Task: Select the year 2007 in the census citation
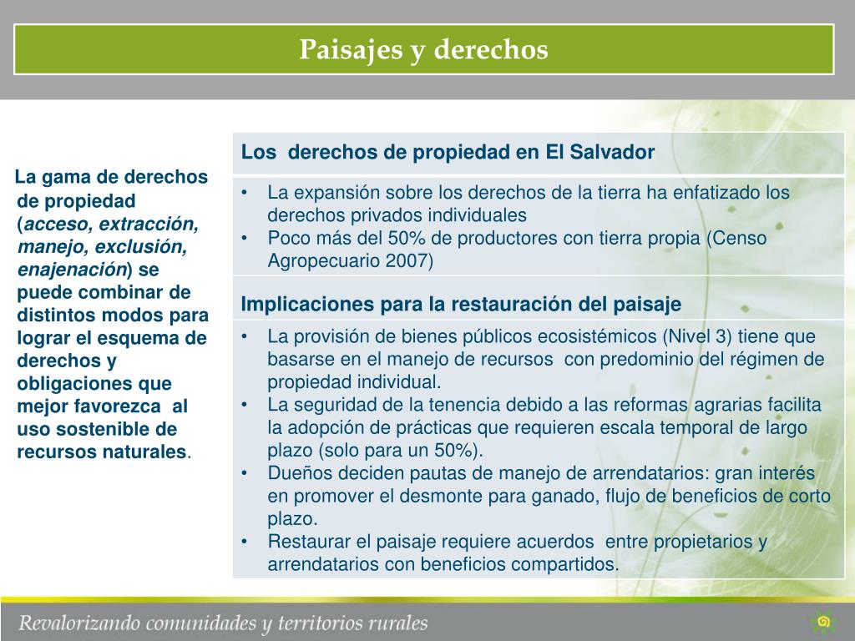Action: pos(409,260)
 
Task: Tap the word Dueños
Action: pos(296,473)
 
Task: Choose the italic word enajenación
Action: pos(71,270)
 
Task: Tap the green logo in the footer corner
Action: pos(824,622)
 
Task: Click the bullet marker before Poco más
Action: pos(244,239)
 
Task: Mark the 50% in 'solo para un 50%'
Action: pos(458,451)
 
